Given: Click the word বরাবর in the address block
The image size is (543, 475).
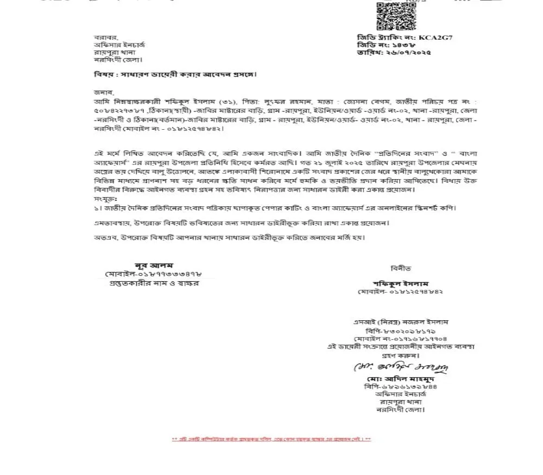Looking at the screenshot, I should [x=106, y=37].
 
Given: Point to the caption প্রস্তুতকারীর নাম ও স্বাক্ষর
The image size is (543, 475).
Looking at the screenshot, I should [x=154, y=283].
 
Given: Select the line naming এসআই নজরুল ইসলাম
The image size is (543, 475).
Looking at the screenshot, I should [x=401, y=322].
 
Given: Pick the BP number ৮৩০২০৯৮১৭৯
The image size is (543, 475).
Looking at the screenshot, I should [x=401, y=330].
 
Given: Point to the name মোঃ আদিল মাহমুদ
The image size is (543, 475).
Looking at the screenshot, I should [x=401, y=378].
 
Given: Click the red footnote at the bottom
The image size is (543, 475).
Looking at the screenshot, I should [x=271, y=439].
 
